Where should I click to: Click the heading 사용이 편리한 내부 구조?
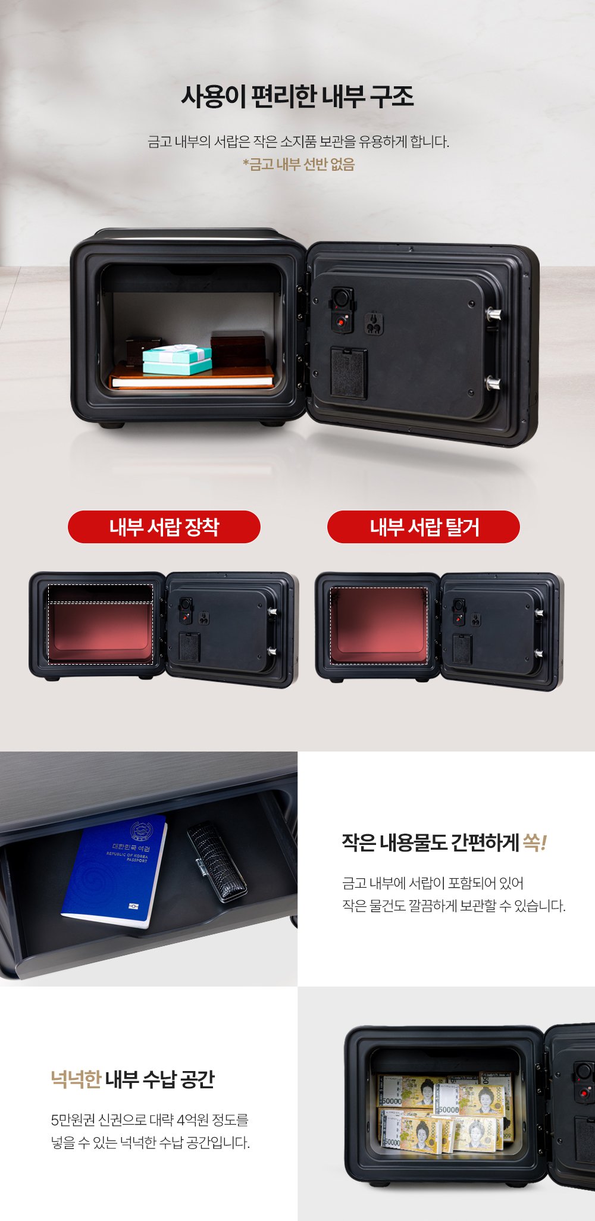[297, 96]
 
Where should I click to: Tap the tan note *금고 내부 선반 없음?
[298, 164]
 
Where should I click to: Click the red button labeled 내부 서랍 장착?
[164, 527]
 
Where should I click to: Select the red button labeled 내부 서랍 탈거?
[424, 527]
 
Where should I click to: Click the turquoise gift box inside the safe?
[177, 359]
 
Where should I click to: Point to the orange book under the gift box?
[192, 377]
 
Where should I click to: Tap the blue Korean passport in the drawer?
[114, 871]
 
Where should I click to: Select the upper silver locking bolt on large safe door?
[493, 314]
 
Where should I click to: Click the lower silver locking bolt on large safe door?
[493, 383]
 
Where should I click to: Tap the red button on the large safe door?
[341, 322]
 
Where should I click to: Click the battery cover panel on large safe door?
[349, 373]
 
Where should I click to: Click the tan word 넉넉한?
[76, 1079]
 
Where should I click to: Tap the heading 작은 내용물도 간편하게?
[430, 843]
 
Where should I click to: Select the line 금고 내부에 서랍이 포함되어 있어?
[433, 883]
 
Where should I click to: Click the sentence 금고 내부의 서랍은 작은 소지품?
[298, 142]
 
